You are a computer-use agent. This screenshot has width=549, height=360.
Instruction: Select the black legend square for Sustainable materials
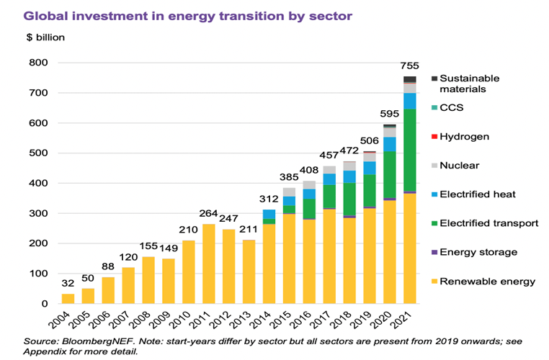pyautogui.click(x=434, y=78)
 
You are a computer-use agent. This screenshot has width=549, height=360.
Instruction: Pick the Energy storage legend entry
pyautogui.click(x=476, y=252)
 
